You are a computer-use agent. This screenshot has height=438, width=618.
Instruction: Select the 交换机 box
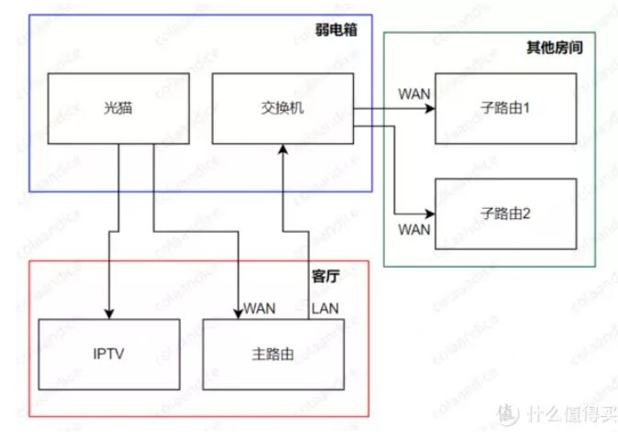pos(281,108)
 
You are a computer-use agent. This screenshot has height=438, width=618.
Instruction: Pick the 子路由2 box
pos(506,213)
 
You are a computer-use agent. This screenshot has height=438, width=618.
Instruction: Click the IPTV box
pos(109,354)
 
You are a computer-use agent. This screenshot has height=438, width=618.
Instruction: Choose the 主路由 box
pos(272,354)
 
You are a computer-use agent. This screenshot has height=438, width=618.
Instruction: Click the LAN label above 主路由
pos(326,309)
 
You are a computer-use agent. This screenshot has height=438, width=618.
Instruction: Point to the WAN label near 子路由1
pos(414,93)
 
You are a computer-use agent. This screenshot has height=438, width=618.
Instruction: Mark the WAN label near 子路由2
pos(414,229)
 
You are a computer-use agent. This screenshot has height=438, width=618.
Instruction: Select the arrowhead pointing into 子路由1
pos(429,108)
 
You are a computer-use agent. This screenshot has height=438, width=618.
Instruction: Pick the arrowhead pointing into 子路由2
pos(429,213)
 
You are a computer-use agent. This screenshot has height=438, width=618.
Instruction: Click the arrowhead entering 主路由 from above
pos(239,313)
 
